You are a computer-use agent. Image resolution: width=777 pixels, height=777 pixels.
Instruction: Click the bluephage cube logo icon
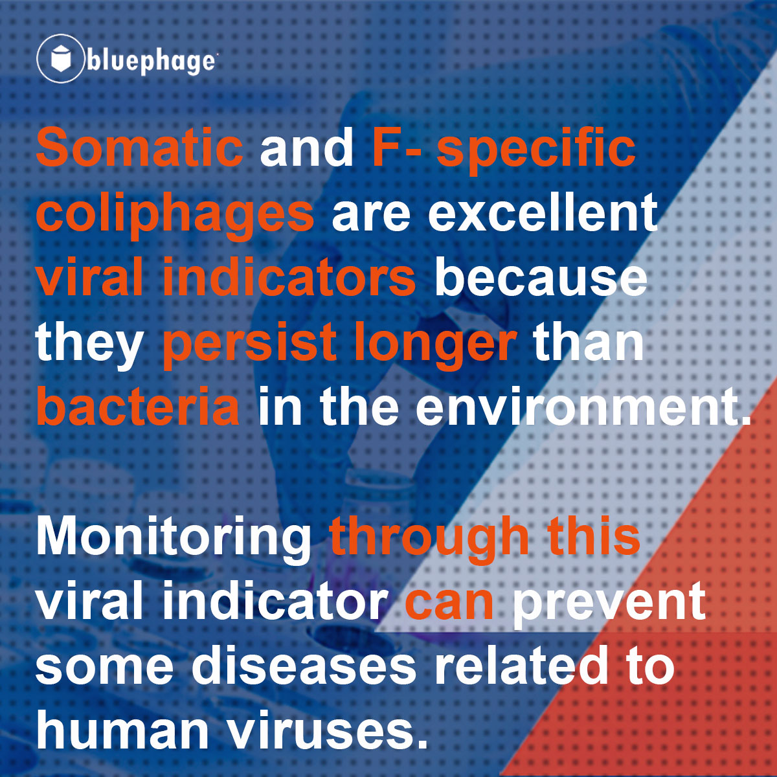tap(60, 58)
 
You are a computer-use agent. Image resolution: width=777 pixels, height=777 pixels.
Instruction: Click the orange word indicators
tap(289, 277)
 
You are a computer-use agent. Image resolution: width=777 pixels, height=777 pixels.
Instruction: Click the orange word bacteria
tap(139, 406)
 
